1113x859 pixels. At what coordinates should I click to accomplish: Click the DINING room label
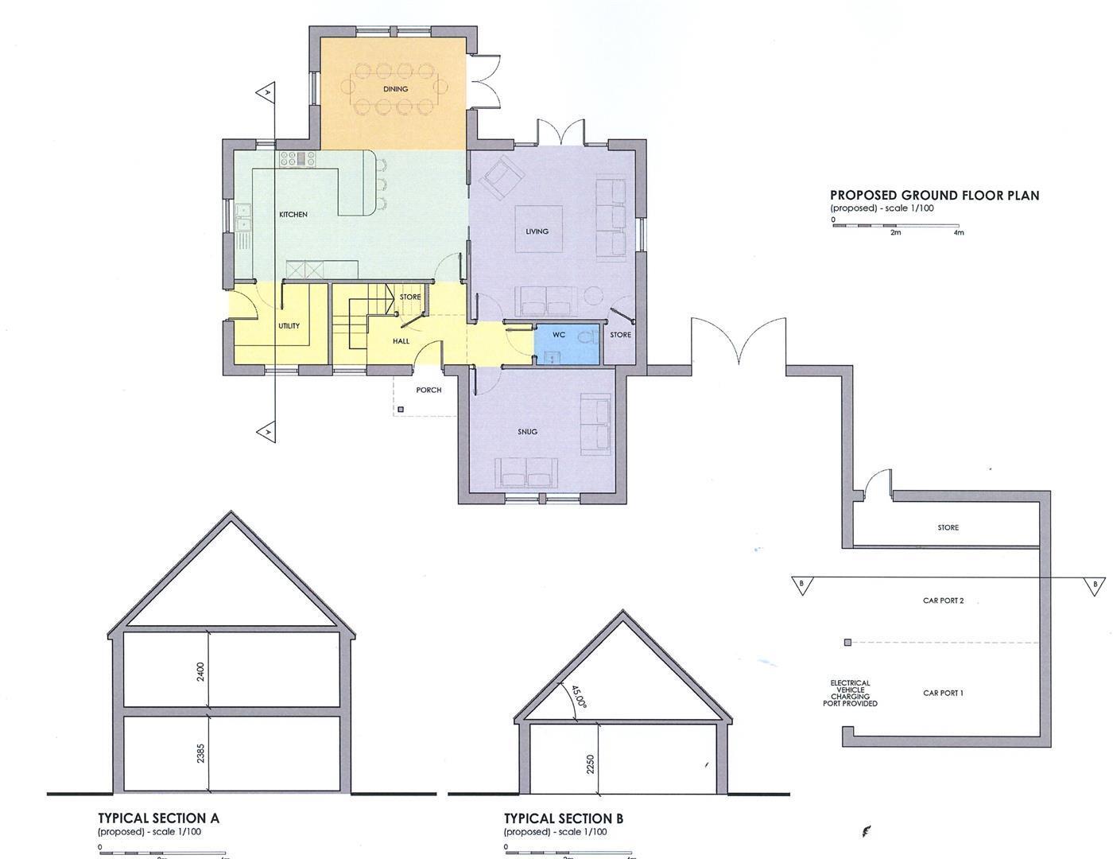[x=395, y=89]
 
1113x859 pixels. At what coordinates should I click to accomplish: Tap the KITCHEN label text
[x=293, y=215]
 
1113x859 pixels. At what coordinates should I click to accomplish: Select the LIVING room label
[x=537, y=231]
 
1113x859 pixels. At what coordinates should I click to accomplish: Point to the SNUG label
[x=526, y=432]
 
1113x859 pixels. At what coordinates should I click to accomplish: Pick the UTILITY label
[x=289, y=326]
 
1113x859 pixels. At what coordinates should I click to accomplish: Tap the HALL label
[x=401, y=341]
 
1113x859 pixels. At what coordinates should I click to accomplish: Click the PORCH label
[x=429, y=391]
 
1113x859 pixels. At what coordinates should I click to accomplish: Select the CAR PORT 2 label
[x=943, y=601]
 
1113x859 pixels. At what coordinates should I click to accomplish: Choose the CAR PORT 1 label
[x=943, y=694]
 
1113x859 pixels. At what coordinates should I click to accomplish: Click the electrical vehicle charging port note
[x=850, y=693]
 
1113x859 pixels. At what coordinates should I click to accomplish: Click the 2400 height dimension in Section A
[x=201, y=671]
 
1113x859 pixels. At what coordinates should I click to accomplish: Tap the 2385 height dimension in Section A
[x=201, y=753]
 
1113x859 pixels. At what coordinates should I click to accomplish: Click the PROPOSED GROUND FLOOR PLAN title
[x=934, y=195]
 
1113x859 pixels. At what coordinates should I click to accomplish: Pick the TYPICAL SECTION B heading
[x=563, y=818]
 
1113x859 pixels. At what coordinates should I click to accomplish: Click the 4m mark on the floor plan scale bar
[x=958, y=232]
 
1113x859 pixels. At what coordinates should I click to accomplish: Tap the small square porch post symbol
[x=401, y=410]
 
